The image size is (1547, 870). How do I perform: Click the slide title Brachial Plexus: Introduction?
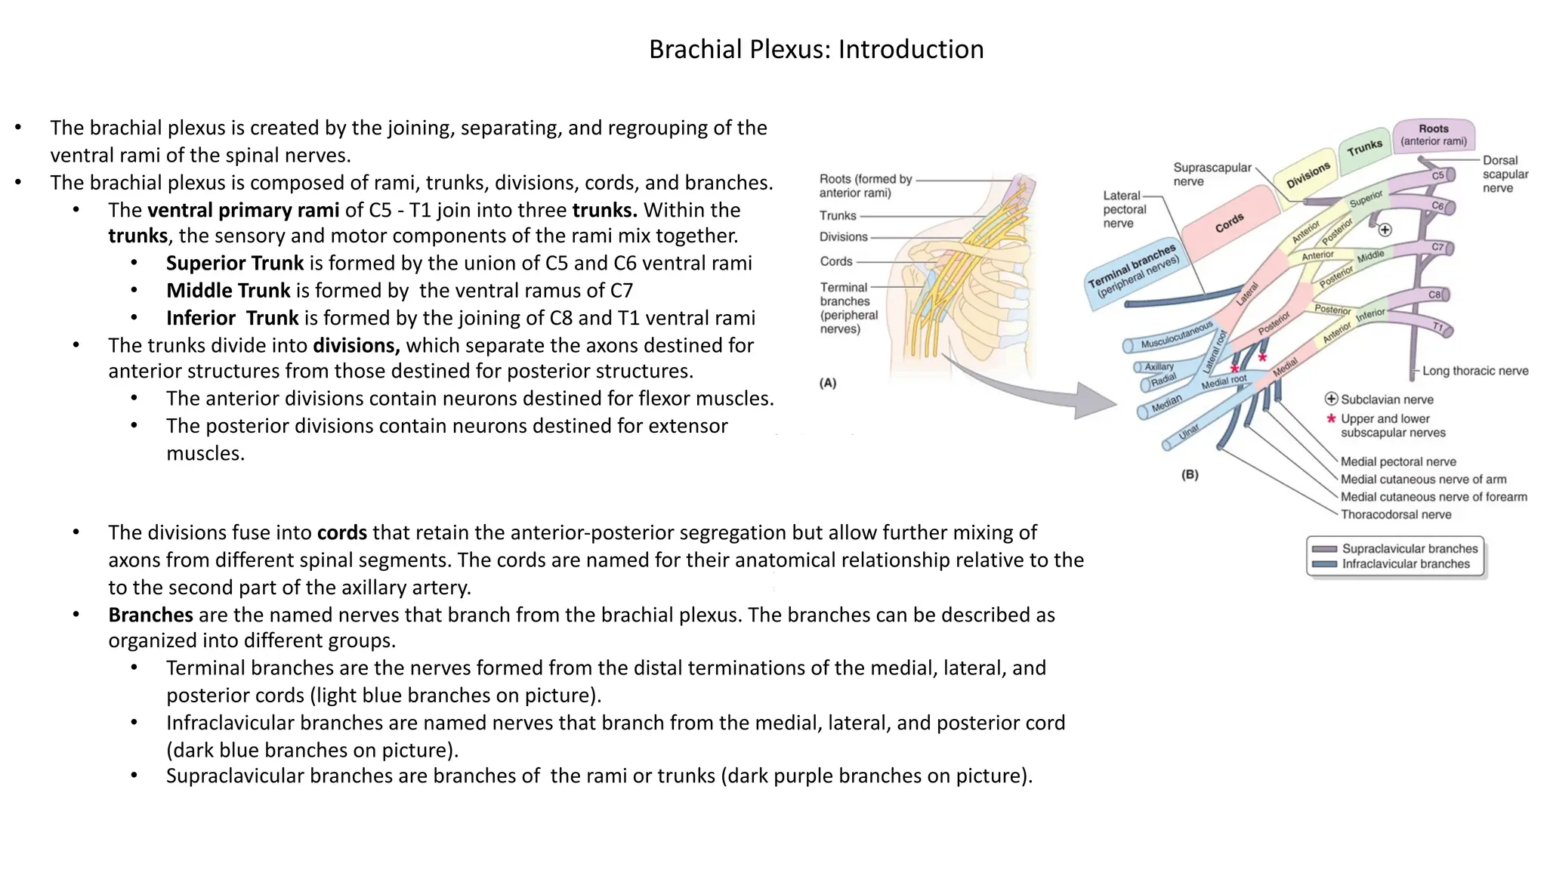coord(816,49)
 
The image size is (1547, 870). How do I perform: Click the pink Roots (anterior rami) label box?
coord(1433,135)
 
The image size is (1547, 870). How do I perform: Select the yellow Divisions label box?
coord(1308,174)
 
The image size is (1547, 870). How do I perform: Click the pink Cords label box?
coord(1230,223)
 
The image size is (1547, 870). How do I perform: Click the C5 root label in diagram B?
coord(1437,175)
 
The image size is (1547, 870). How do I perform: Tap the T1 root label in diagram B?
coord(1438,327)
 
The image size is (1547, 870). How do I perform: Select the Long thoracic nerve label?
coord(1474,371)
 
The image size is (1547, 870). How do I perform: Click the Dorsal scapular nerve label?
coord(1505,174)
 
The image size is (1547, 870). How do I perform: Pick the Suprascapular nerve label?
coord(1212,174)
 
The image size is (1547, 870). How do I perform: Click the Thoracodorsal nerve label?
coord(1395,515)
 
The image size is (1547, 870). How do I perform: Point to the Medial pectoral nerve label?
coord(1397,461)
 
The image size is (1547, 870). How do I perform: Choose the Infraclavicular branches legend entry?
coord(1405,564)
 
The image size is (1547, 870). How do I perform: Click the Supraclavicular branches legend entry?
coord(1409,549)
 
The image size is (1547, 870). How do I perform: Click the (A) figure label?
coord(828,383)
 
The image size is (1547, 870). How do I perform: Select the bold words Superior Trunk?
coord(234,264)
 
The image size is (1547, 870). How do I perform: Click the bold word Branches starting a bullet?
coord(150,615)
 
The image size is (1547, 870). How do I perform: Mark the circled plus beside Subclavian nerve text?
coord(1331,399)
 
